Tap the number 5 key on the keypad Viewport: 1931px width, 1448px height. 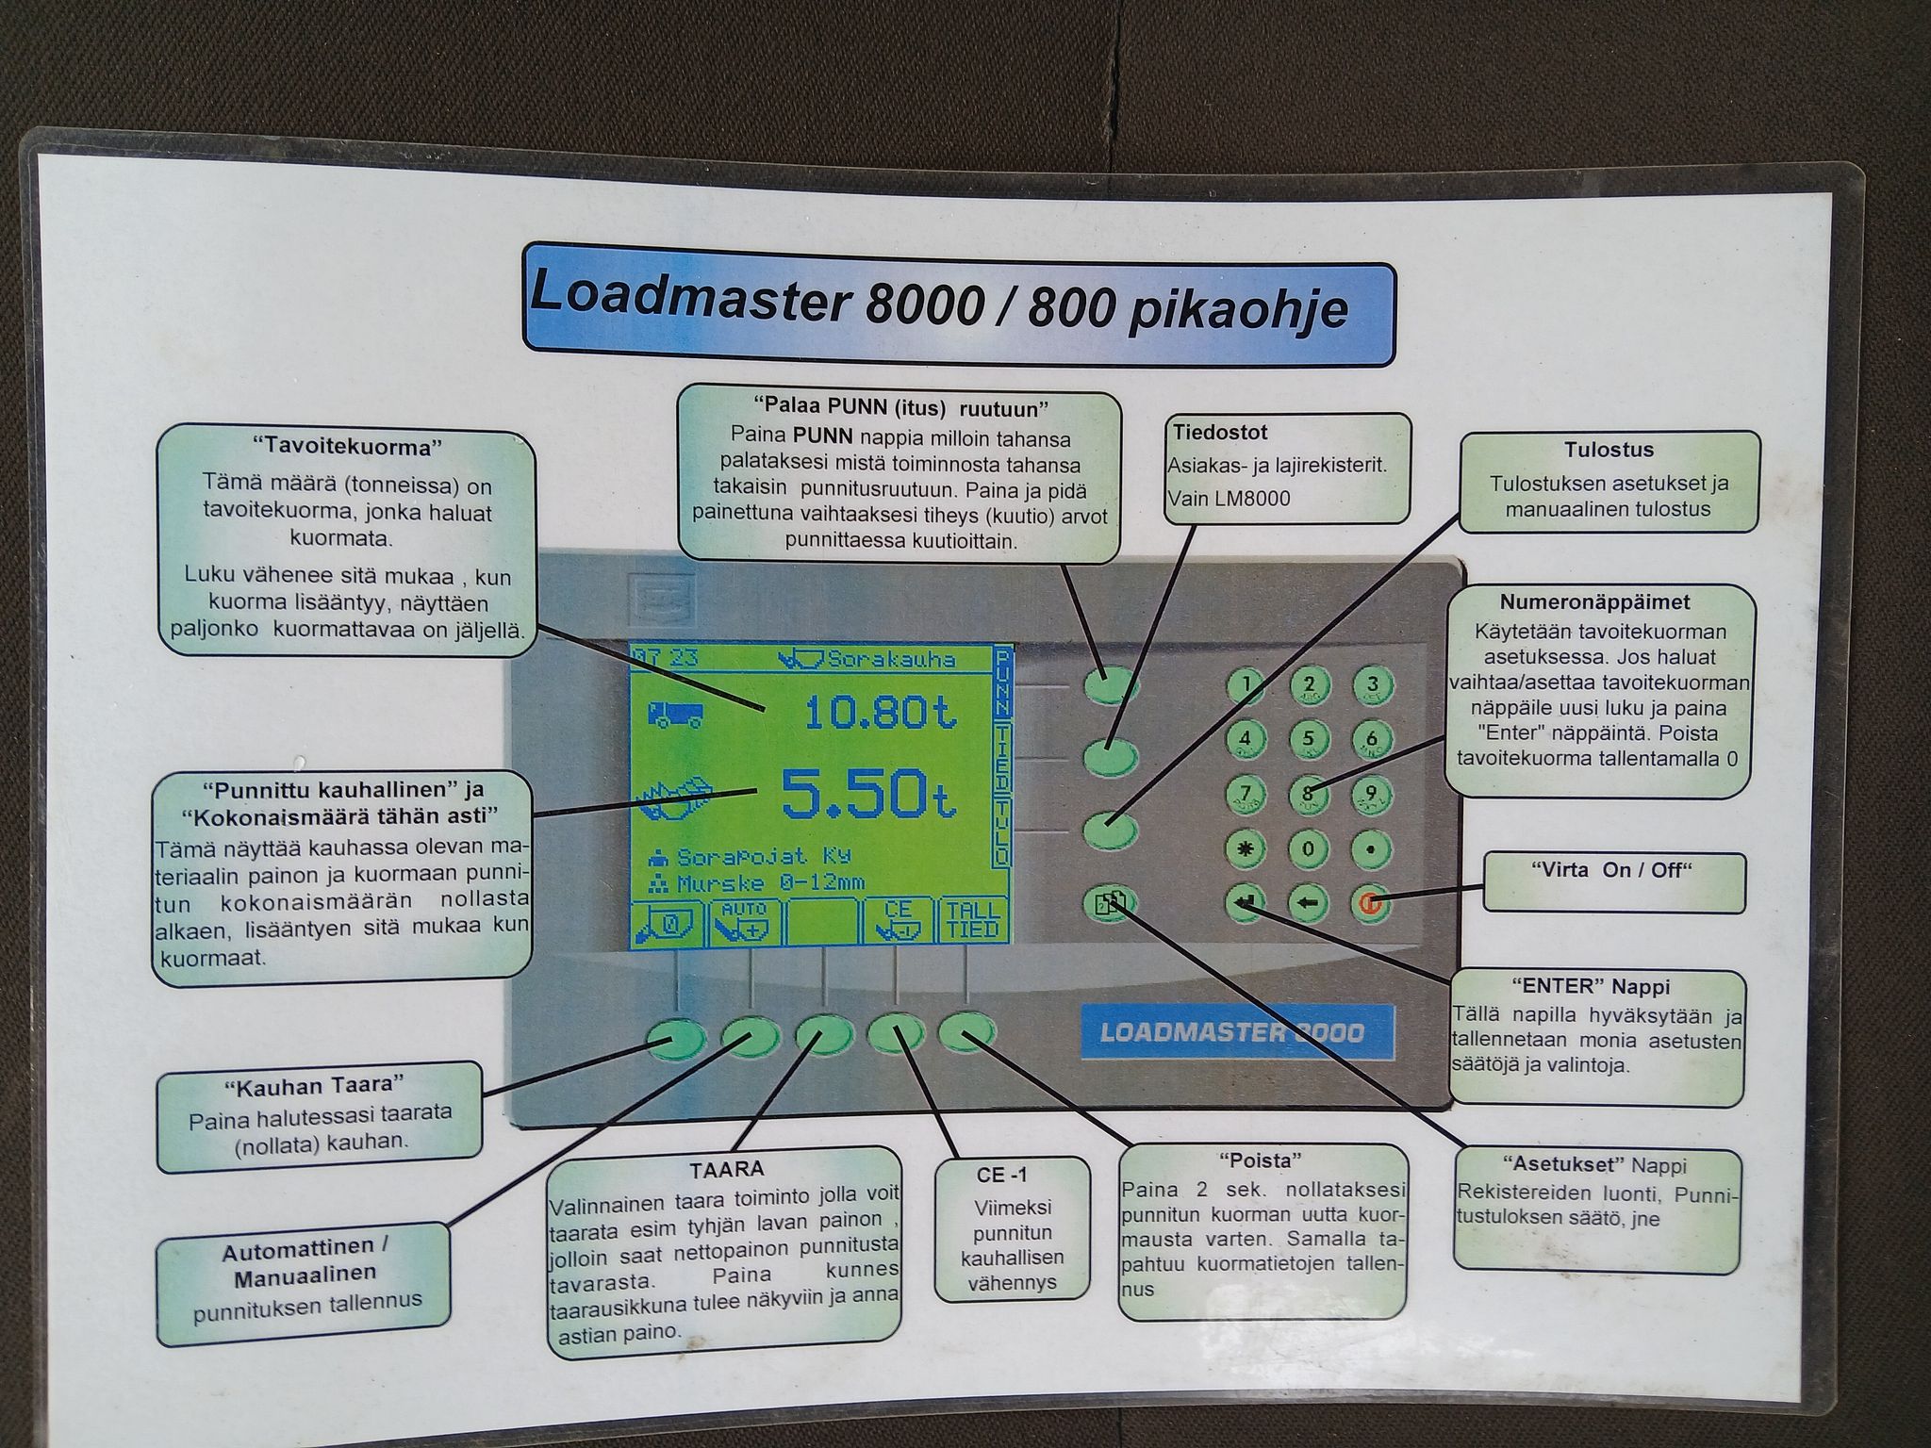point(1309,739)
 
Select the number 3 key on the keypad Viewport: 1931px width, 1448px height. point(1372,685)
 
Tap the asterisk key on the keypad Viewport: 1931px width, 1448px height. point(1246,848)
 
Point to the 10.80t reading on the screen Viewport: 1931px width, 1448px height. point(882,712)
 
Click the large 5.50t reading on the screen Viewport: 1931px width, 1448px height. point(868,794)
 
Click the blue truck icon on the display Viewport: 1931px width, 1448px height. point(675,714)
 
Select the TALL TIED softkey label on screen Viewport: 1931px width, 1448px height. point(971,919)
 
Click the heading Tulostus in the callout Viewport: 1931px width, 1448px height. point(1609,450)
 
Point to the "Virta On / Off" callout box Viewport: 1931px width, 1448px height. point(1613,881)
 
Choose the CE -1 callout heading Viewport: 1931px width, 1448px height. point(1001,1175)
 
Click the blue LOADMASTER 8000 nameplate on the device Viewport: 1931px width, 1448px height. point(1231,1032)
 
